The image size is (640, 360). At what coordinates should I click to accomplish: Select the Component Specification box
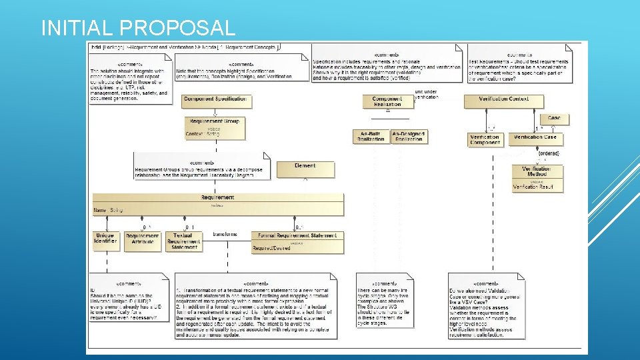(216, 100)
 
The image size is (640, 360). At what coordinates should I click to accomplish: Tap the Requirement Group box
(215, 127)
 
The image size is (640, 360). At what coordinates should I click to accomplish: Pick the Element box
(305, 169)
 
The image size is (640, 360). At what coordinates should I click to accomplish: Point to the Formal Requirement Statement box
(297, 239)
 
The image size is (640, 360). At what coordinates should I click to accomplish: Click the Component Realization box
(387, 101)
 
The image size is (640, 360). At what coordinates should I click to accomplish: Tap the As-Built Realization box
(371, 137)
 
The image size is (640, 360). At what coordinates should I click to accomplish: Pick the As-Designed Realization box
(409, 137)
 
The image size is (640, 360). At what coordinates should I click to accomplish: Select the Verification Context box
(504, 101)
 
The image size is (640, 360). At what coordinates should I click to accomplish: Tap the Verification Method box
(537, 176)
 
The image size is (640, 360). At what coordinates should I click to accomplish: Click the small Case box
(554, 119)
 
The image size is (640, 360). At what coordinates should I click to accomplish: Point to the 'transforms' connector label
(225, 234)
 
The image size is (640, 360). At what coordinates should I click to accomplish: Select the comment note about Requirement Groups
(201, 166)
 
